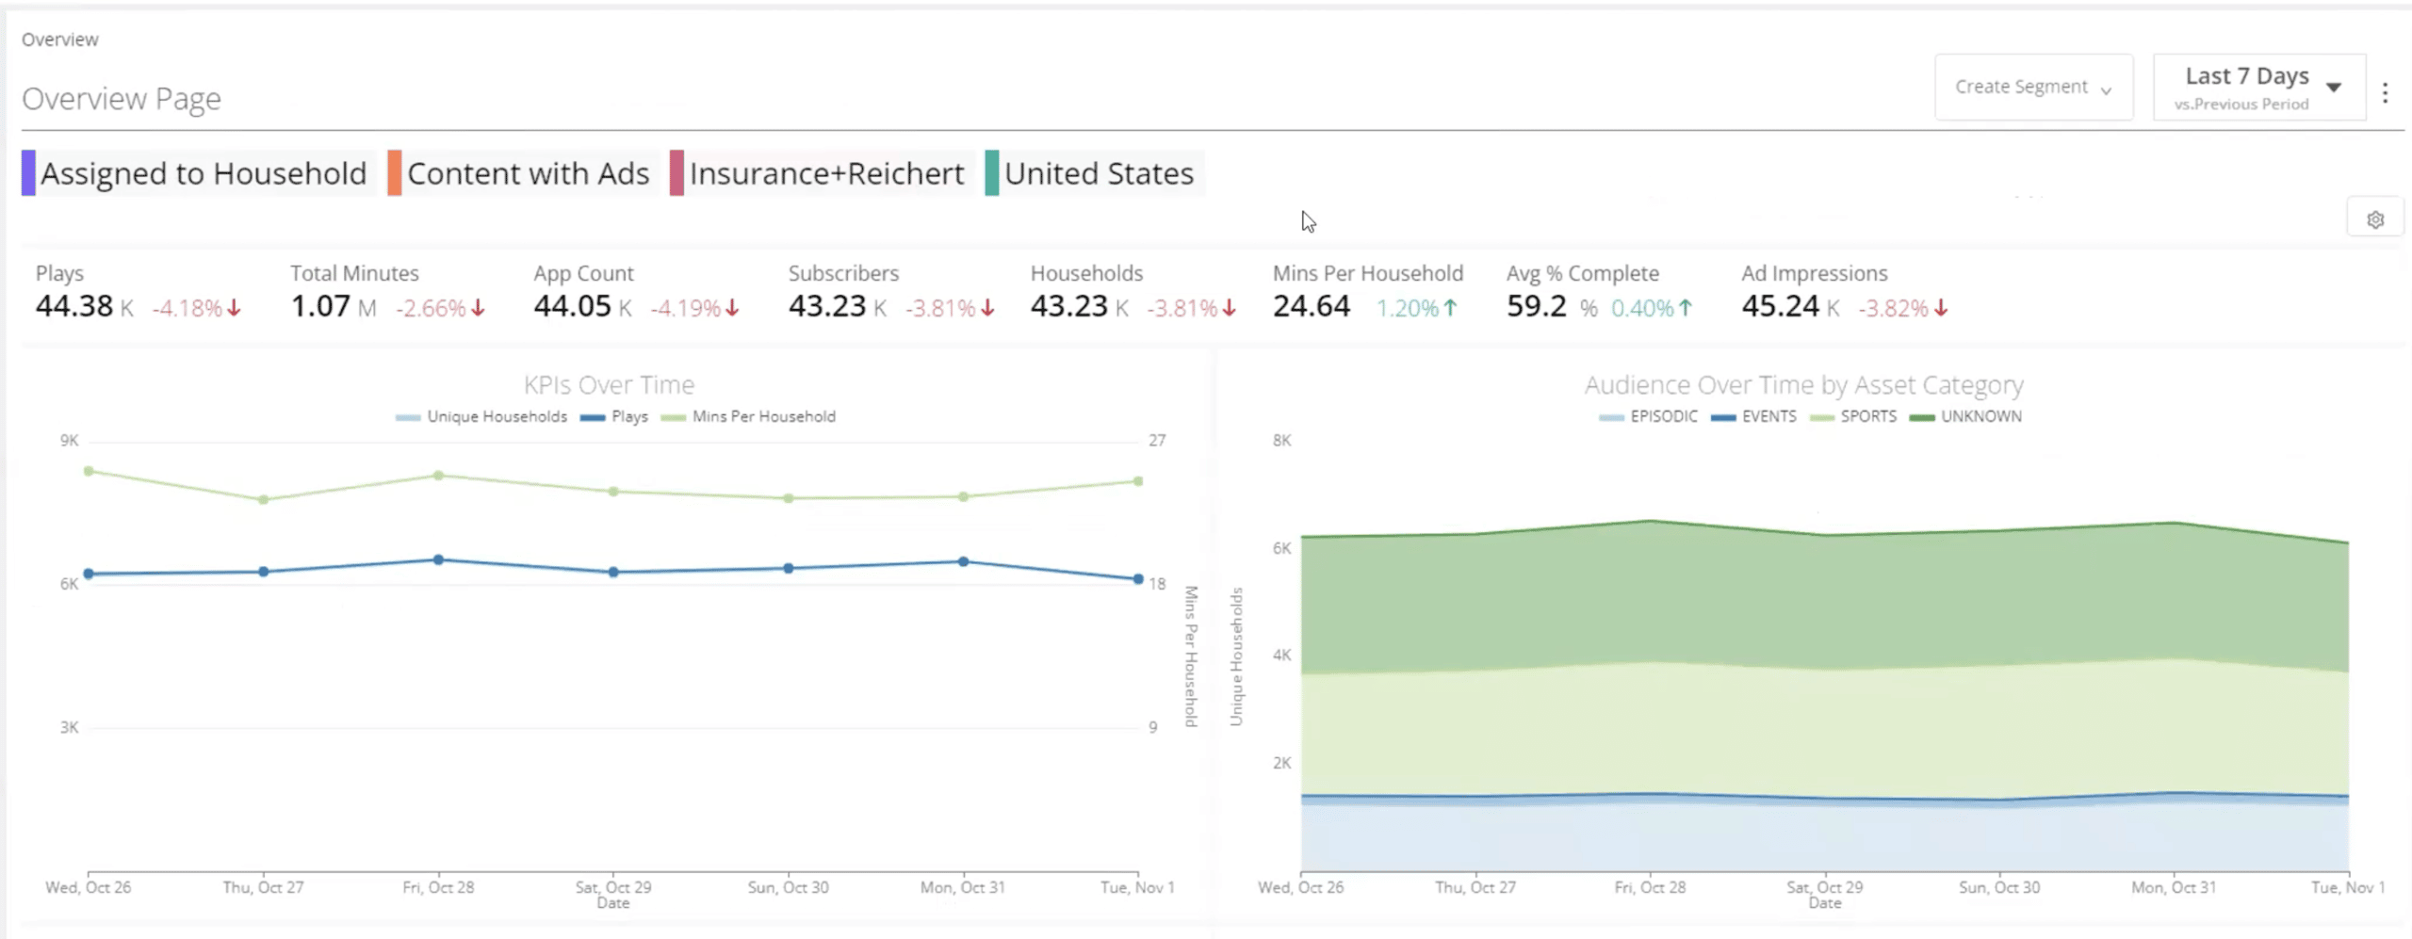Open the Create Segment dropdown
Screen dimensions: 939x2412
pos(2032,87)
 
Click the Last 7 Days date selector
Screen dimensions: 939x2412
pos(2257,87)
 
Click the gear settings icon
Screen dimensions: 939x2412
pos(2374,219)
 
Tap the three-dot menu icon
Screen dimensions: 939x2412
pos(2385,92)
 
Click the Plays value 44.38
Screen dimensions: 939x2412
pos(74,306)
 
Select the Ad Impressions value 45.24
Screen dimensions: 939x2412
pos(1780,306)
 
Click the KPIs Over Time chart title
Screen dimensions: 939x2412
pos(609,384)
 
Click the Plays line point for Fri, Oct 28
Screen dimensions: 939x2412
pos(438,559)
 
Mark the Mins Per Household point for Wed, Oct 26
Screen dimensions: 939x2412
pos(89,471)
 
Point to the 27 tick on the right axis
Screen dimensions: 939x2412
pos(1156,440)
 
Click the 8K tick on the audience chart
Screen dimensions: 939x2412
pos(1281,440)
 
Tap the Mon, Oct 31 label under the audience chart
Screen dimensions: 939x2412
pos(2174,887)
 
